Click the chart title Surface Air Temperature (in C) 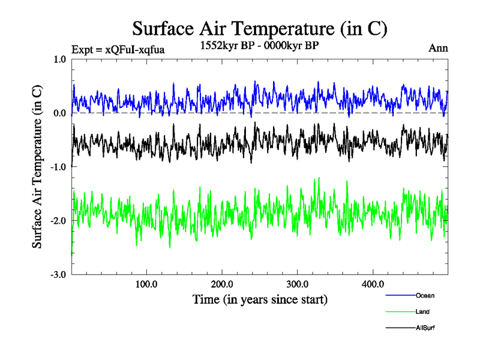coord(260,28)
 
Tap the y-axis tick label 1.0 coord(59,59)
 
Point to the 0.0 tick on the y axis coord(59,113)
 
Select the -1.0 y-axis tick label coord(58,167)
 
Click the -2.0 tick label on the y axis coord(58,221)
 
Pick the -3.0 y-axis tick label coord(58,275)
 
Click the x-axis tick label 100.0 coord(146,284)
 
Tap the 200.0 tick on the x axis coord(222,284)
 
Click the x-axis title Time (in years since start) coord(260,298)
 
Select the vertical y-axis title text coord(37,167)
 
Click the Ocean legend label coord(425,296)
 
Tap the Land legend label coord(422,312)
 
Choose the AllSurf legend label coord(425,328)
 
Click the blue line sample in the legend coord(400,296)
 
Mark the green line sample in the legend coord(400,312)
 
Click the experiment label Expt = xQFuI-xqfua coord(118,49)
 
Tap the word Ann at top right coord(438,48)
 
